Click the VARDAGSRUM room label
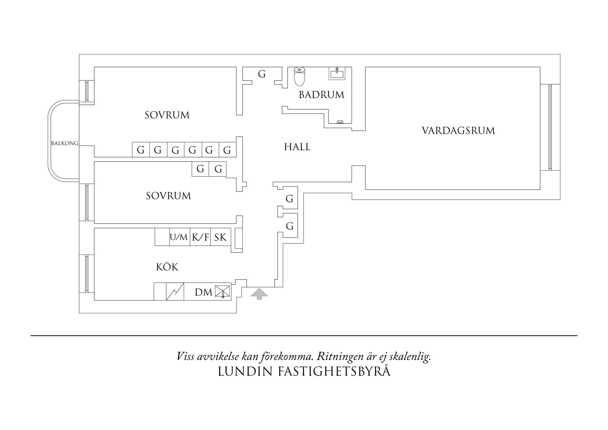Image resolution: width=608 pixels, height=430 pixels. click(458, 131)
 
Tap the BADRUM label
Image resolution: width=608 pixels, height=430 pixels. click(321, 95)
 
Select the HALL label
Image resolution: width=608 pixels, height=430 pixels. click(297, 147)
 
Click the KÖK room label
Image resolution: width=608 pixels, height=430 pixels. click(167, 267)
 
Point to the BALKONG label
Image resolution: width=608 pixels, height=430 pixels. click(65, 143)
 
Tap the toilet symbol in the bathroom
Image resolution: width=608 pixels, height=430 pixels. click(299, 76)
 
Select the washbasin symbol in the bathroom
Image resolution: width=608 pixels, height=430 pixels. click(337, 73)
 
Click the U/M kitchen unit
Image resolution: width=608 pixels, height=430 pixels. click(179, 237)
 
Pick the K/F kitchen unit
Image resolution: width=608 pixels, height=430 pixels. click(200, 237)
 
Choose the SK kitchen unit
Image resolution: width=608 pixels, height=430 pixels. click(220, 237)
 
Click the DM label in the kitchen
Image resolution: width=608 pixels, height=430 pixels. click(203, 292)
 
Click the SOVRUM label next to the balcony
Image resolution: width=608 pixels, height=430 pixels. click(167, 115)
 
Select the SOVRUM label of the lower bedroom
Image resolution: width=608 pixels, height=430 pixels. click(168, 196)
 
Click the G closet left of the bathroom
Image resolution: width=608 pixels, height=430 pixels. click(262, 74)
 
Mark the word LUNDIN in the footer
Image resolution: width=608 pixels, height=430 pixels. click(245, 371)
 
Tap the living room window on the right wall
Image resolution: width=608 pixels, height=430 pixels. click(550, 127)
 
